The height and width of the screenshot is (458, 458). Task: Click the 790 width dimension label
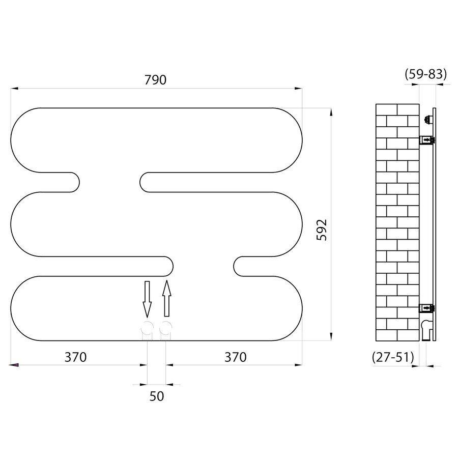[156, 79]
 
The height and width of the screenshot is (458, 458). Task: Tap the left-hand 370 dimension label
[75, 357]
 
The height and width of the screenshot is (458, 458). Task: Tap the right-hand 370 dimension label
[235, 357]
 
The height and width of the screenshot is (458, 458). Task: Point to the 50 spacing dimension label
[157, 396]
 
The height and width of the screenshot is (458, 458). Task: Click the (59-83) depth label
[425, 74]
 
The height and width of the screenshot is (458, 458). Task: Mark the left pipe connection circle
[147, 328]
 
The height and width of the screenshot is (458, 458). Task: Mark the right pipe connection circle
[166, 328]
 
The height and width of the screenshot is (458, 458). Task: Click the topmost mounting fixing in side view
[427, 120]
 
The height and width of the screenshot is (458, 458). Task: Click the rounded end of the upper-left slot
[74, 182]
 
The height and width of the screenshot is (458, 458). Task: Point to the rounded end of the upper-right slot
[147, 182]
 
